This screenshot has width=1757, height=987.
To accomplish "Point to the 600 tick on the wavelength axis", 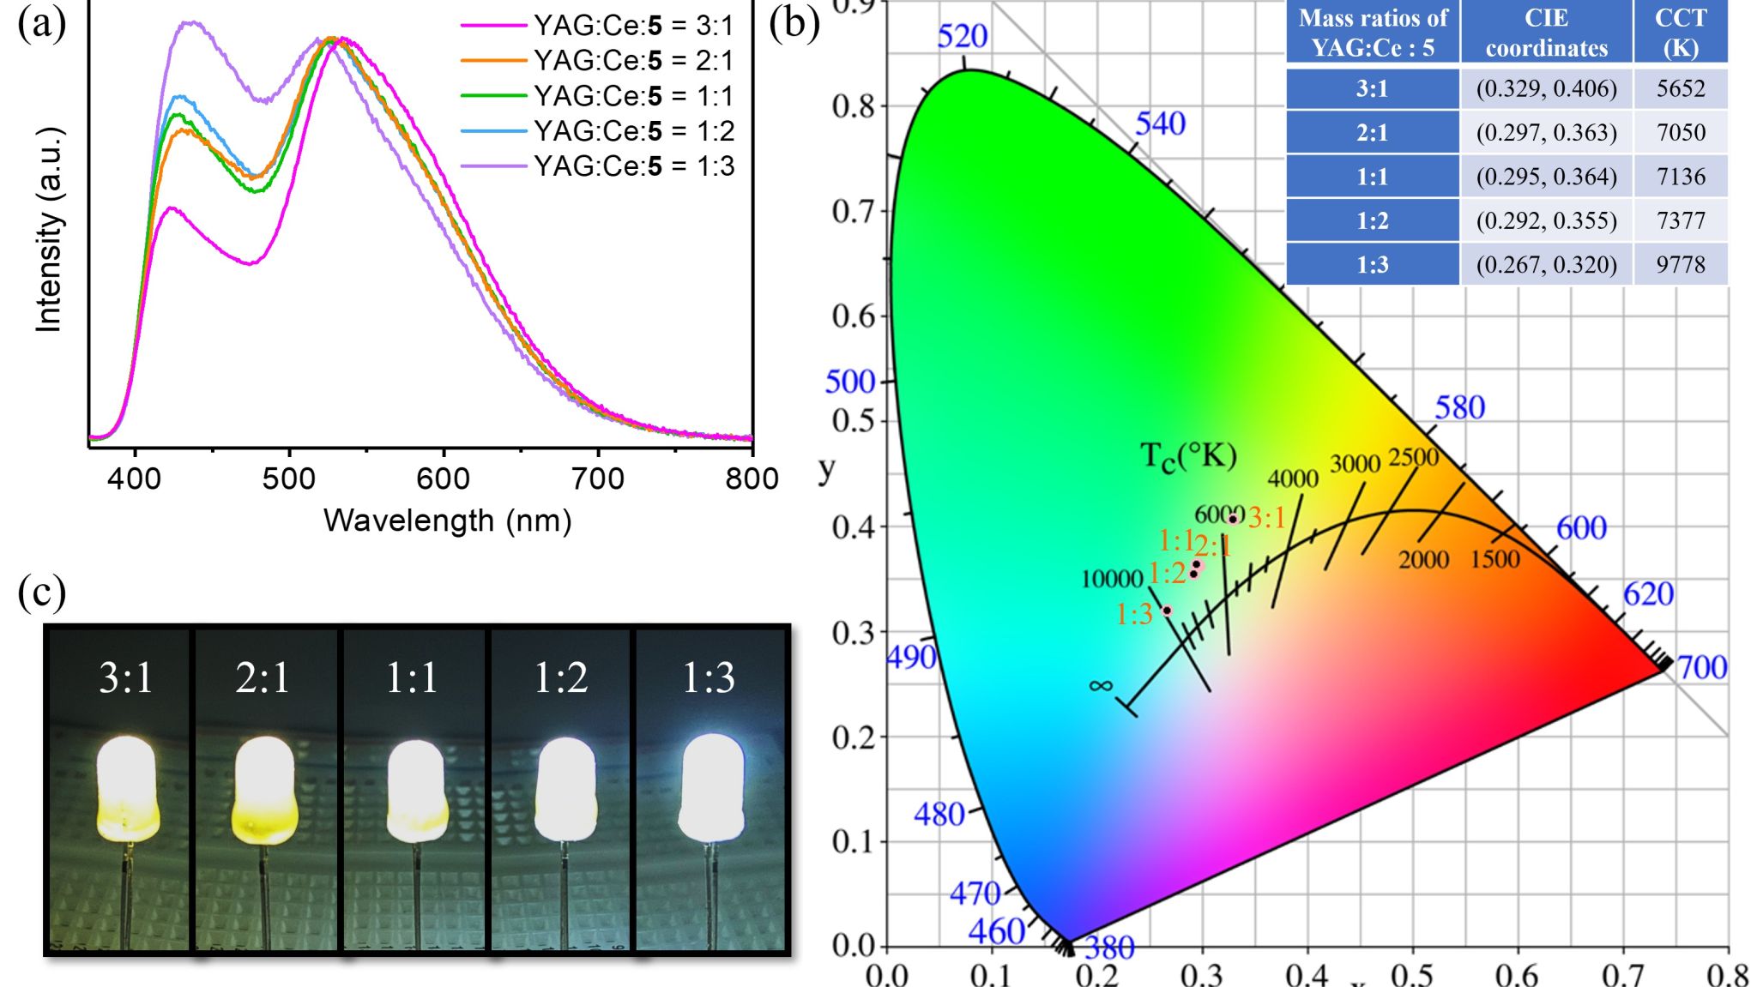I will [x=444, y=478].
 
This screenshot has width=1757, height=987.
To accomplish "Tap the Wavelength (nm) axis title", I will [x=447, y=521].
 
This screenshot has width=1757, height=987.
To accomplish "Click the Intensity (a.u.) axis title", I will [x=49, y=230].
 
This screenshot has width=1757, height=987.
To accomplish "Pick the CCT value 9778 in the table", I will [x=1680, y=264].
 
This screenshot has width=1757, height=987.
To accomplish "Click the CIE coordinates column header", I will [x=1546, y=33].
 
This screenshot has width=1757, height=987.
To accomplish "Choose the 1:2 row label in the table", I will [x=1372, y=220].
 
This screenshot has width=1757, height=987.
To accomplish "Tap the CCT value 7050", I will [x=1680, y=132].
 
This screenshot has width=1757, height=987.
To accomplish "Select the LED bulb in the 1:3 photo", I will [x=710, y=787].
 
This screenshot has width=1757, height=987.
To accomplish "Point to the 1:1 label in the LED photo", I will [x=412, y=677].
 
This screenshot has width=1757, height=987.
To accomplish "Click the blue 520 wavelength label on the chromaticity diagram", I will [x=962, y=36].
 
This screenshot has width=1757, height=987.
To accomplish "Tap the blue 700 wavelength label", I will [x=1701, y=666].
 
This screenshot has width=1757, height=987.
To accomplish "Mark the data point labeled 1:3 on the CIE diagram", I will [x=1167, y=611].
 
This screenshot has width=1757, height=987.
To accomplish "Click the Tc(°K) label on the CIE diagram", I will [x=1188, y=456].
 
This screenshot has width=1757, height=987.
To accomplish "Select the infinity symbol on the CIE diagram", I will [x=1101, y=685].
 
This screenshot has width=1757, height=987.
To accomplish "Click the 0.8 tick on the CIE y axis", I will [x=853, y=106].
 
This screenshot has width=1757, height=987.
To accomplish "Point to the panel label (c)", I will [x=41, y=592].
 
